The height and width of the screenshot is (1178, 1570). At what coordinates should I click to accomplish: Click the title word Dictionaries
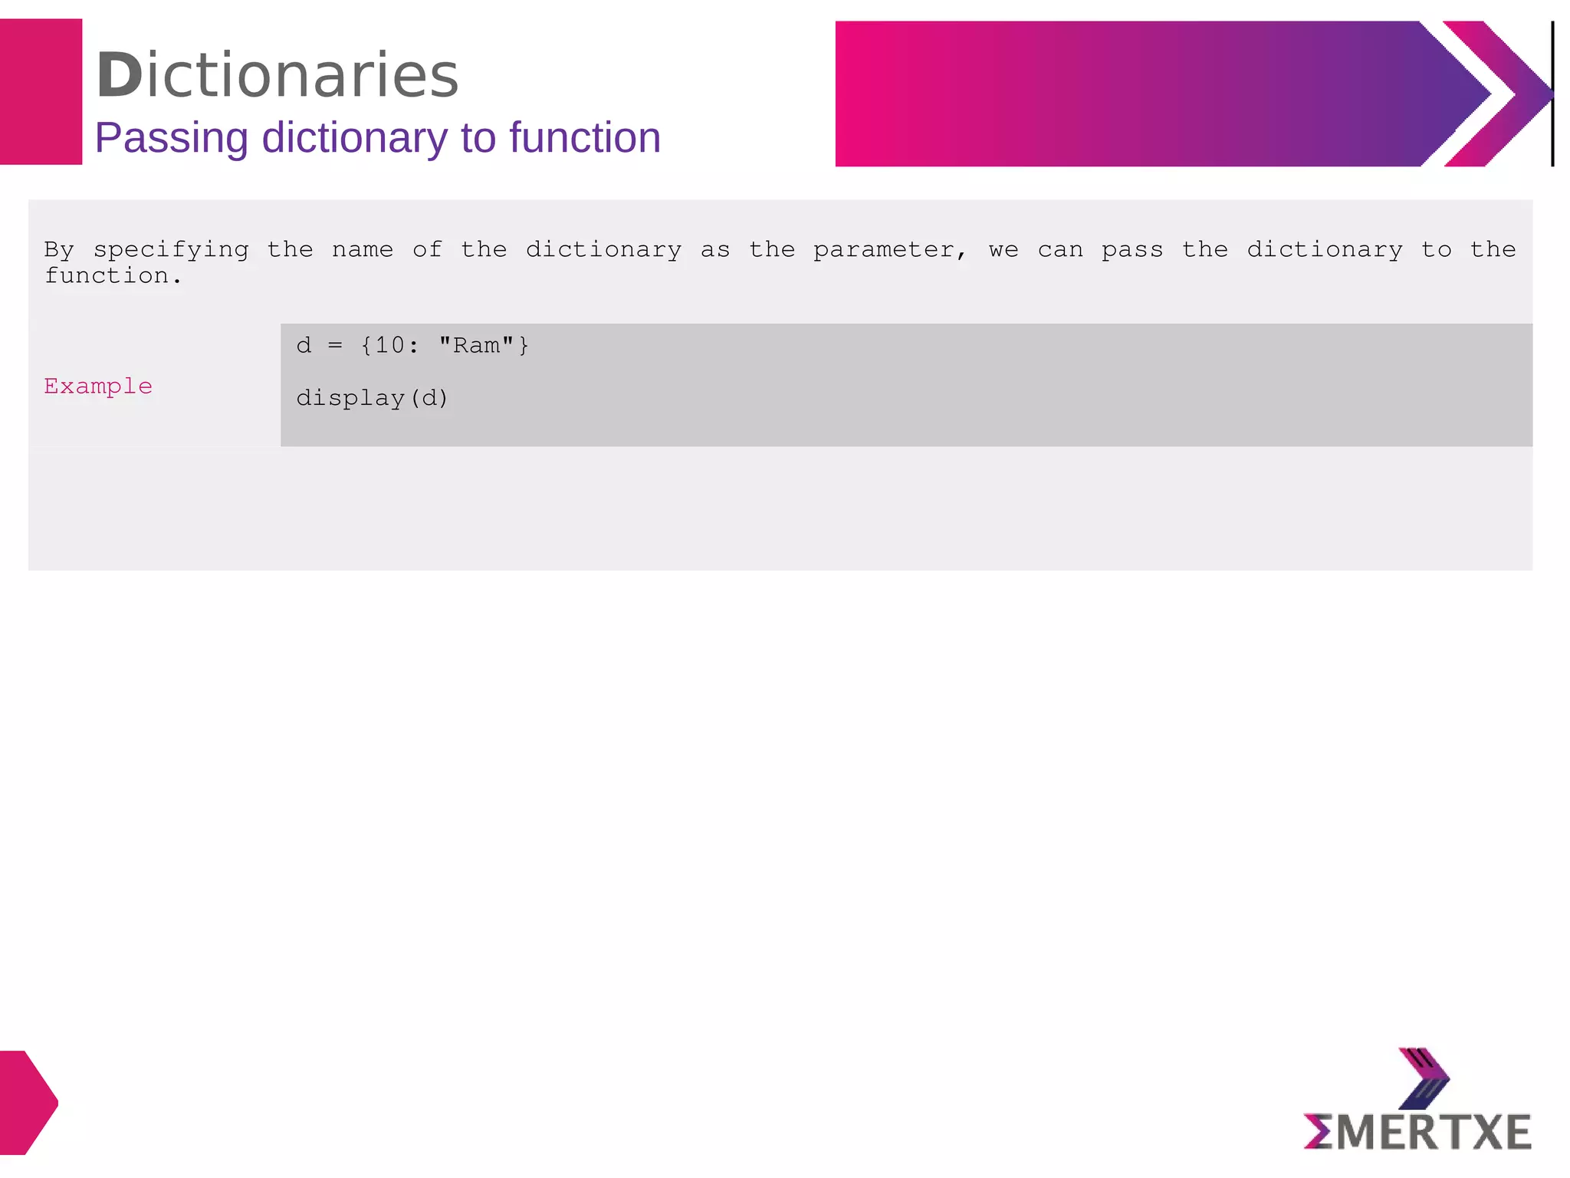tap(277, 75)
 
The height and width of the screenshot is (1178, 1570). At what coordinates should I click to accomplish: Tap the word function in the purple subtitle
tap(584, 138)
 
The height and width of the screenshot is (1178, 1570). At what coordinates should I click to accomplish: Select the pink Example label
tap(98, 386)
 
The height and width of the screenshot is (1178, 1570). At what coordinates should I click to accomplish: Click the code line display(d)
tap(372, 398)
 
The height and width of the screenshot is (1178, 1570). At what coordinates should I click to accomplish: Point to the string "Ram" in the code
tap(476, 345)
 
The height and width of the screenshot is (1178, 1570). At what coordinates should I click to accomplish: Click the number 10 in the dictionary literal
tap(389, 345)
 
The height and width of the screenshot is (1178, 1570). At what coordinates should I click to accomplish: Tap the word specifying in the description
tap(171, 251)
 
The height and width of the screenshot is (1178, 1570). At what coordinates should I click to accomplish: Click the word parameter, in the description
tap(889, 251)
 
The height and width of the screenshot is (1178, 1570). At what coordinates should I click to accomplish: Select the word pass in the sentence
tap(1132, 251)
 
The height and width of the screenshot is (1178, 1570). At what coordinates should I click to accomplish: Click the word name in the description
tap(362, 249)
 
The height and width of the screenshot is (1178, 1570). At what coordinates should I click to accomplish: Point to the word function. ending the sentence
tap(113, 276)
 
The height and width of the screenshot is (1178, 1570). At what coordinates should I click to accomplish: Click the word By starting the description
tap(59, 250)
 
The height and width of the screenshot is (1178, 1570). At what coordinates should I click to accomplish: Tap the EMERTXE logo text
tap(1417, 1133)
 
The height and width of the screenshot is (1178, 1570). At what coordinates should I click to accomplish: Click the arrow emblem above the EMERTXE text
tap(1424, 1078)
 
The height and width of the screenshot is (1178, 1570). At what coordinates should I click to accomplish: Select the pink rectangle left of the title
tap(41, 92)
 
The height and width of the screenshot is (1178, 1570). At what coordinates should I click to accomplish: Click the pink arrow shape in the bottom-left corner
tap(27, 1102)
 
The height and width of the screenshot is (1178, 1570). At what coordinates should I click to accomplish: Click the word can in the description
tap(1060, 251)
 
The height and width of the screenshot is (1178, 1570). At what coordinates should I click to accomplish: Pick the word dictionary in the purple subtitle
tap(354, 138)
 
